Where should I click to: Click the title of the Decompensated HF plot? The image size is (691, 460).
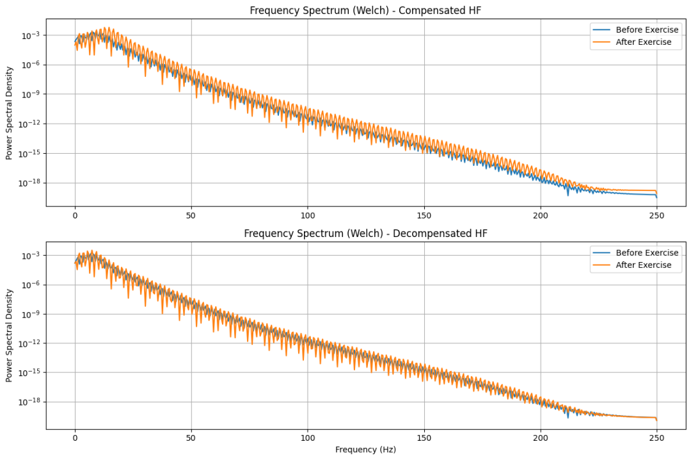pyautogui.click(x=365, y=233)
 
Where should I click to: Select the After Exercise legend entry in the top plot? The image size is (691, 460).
pyautogui.click(x=643, y=42)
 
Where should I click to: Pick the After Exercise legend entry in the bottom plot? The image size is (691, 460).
pyautogui.click(x=643, y=265)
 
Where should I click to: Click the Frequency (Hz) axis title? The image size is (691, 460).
pyautogui.click(x=365, y=449)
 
